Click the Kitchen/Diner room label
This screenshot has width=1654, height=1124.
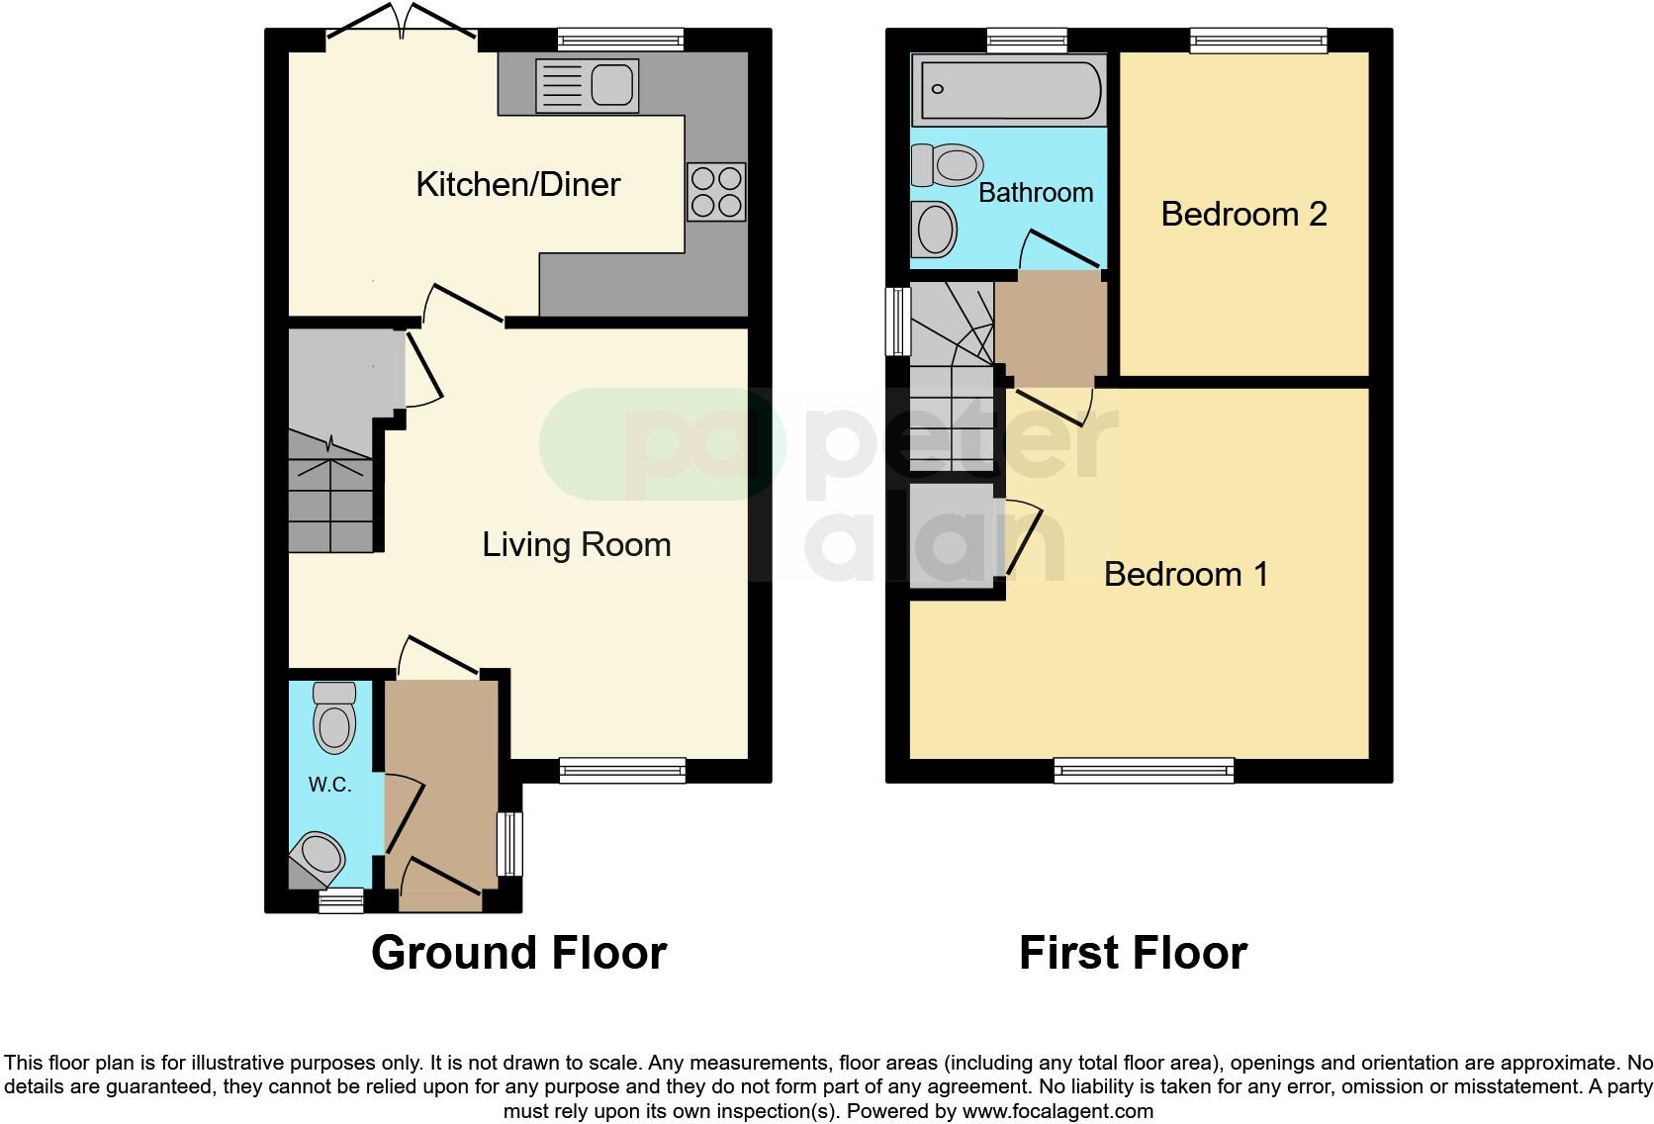pos(517,184)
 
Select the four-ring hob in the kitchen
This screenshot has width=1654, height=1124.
pos(715,192)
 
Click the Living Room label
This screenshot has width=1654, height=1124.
pos(576,545)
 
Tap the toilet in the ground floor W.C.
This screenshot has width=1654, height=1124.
pos(334,719)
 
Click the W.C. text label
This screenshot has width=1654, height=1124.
pos(329,785)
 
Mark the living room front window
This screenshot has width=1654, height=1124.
pos(622,770)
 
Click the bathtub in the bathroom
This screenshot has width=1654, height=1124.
pos(1007,90)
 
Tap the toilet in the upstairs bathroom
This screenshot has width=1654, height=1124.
pos(948,164)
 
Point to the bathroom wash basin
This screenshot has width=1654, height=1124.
pos(935,230)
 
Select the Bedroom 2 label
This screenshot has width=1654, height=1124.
pos(1243,214)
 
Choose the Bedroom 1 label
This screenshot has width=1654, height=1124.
pos(1185,574)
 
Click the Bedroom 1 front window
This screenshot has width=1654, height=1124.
pos(1145,770)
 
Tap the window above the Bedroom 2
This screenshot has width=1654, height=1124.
pos(1257,40)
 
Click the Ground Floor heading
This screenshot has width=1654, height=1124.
pos(518,953)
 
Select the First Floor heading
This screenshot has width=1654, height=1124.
pos(1133,953)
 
